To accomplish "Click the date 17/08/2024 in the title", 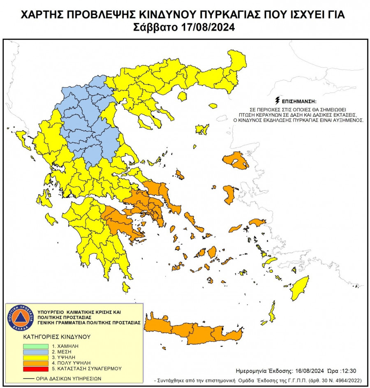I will (x=207, y=28).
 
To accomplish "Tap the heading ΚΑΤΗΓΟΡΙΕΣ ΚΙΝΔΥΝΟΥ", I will (x=57, y=337).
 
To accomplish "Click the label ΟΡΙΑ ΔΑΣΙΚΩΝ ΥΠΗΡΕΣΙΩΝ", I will (x=63, y=379).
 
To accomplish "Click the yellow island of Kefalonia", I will (x=51, y=218).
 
